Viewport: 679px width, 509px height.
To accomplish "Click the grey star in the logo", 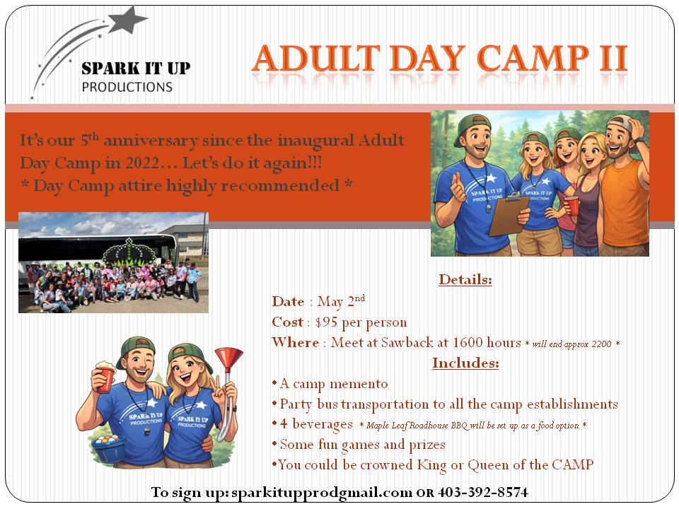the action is (x=127, y=20).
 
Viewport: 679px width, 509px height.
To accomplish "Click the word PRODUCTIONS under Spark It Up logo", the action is (x=127, y=87).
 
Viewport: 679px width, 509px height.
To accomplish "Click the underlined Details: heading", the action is (x=465, y=280).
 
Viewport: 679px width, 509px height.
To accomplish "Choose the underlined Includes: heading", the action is (x=465, y=363).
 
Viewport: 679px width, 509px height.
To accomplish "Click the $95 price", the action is (x=326, y=322).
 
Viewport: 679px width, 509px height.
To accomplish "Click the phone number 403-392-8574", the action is (x=483, y=492).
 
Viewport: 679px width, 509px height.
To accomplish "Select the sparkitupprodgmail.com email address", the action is (x=322, y=493).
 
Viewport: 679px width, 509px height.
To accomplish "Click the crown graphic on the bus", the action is (x=129, y=253).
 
